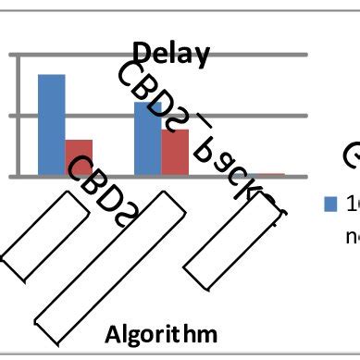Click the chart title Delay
172,53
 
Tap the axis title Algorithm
161,332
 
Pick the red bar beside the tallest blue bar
79,156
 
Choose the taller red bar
175,151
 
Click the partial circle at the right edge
353,159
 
